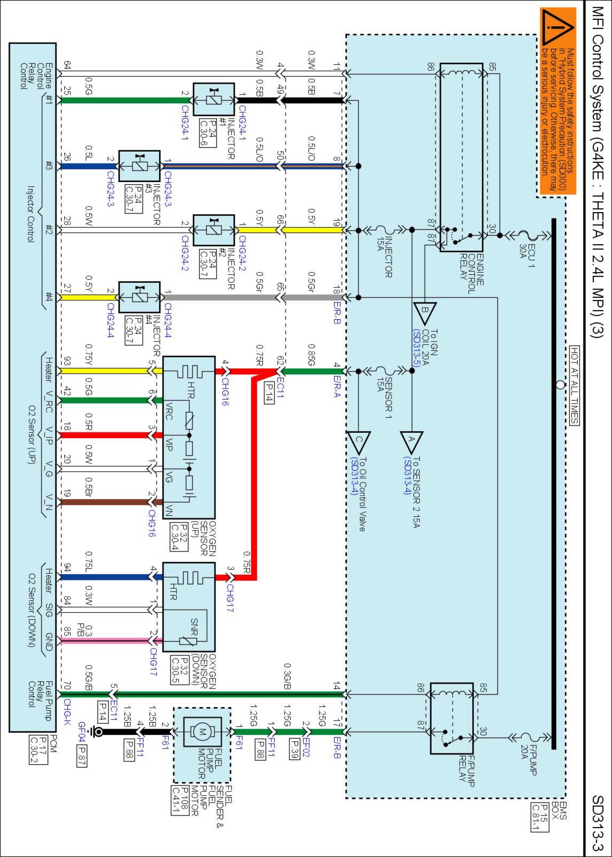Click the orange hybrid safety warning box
point(557,101)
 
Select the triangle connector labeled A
point(411,441)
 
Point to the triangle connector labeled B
point(425,313)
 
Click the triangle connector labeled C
point(359,441)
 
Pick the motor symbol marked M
point(203,732)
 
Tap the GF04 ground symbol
point(98,731)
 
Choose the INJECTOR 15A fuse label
point(384,256)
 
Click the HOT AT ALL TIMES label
point(574,385)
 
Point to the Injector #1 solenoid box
point(214,99)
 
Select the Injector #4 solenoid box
point(139,297)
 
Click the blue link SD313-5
point(416,348)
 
